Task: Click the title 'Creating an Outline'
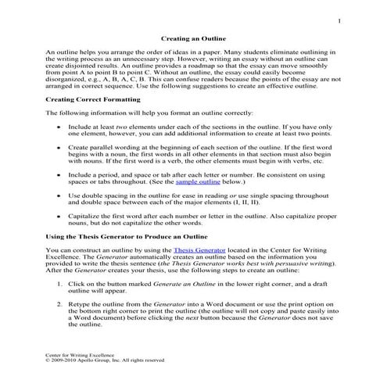point(192,38)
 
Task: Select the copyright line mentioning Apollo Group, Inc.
point(105,361)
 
